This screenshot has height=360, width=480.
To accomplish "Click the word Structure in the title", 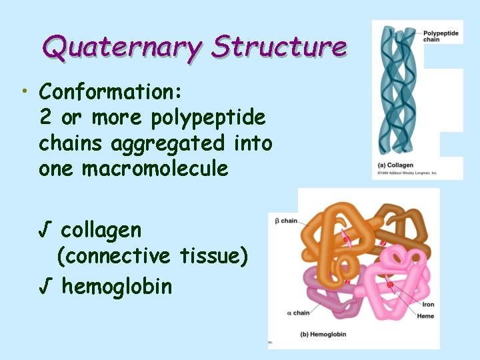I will [x=279, y=47].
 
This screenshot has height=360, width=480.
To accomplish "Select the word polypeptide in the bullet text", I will [x=208, y=117].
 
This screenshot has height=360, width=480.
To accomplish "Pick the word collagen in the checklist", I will [x=101, y=231].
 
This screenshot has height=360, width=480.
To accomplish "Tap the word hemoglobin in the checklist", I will [x=117, y=287].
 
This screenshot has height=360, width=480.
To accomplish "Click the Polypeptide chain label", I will [x=441, y=35].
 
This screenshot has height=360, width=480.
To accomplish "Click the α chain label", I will [x=297, y=312].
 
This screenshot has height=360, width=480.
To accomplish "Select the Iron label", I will [x=427, y=305].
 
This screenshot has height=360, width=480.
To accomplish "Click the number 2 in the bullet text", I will [x=45, y=117].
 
